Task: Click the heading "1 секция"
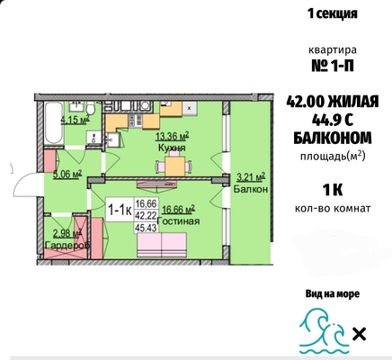point(333,13)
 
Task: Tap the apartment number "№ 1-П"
point(333,66)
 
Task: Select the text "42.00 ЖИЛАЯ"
point(333,102)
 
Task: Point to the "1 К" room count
point(333,190)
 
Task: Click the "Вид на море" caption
point(333,293)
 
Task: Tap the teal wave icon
point(325,332)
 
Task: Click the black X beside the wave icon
point(359,334)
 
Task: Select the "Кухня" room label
point(172,148)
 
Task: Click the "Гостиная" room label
point(178,221)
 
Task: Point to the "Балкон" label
point(251,189)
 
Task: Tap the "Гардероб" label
point(67,245)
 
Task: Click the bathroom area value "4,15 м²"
point(76,120)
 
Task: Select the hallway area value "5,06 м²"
point(67,175)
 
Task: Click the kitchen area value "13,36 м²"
point(172,137)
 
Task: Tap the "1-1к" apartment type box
point(120,210)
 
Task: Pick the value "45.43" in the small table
point(146,229)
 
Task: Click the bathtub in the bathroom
point(53,124)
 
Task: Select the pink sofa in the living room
point(162,245)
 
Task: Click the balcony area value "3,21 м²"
point(251,177)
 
